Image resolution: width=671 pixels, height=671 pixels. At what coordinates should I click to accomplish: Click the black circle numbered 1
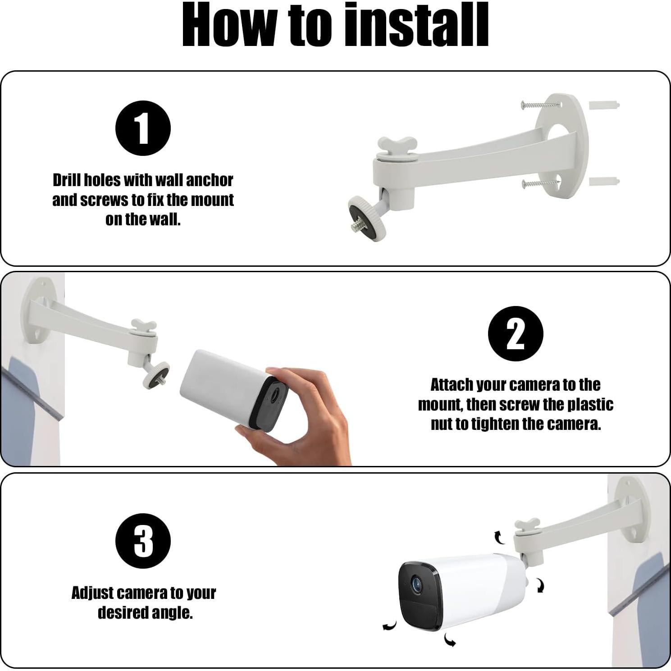click(x=143, y=128)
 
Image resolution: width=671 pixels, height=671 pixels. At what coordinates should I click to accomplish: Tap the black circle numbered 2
click(x=516, y=333)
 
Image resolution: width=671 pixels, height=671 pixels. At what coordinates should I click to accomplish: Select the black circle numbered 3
click(x=143, y=541)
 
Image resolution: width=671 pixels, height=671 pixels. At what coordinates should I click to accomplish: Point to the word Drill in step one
click(x=68, y=180)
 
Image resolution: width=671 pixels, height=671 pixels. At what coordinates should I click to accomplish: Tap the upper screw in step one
click(x=540, y=105)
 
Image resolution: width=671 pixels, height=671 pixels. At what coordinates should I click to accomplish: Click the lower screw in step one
click(x=540, y=183)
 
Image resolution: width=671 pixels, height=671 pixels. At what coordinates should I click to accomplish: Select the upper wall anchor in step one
click(x=604, y=106)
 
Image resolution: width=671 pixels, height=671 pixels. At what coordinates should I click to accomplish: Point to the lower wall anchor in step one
click(x=604, y=182)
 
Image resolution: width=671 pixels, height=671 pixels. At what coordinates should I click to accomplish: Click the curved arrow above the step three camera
click(x=499, y=537)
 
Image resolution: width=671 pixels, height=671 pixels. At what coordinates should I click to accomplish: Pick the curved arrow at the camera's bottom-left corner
click(x=389, y=625)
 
